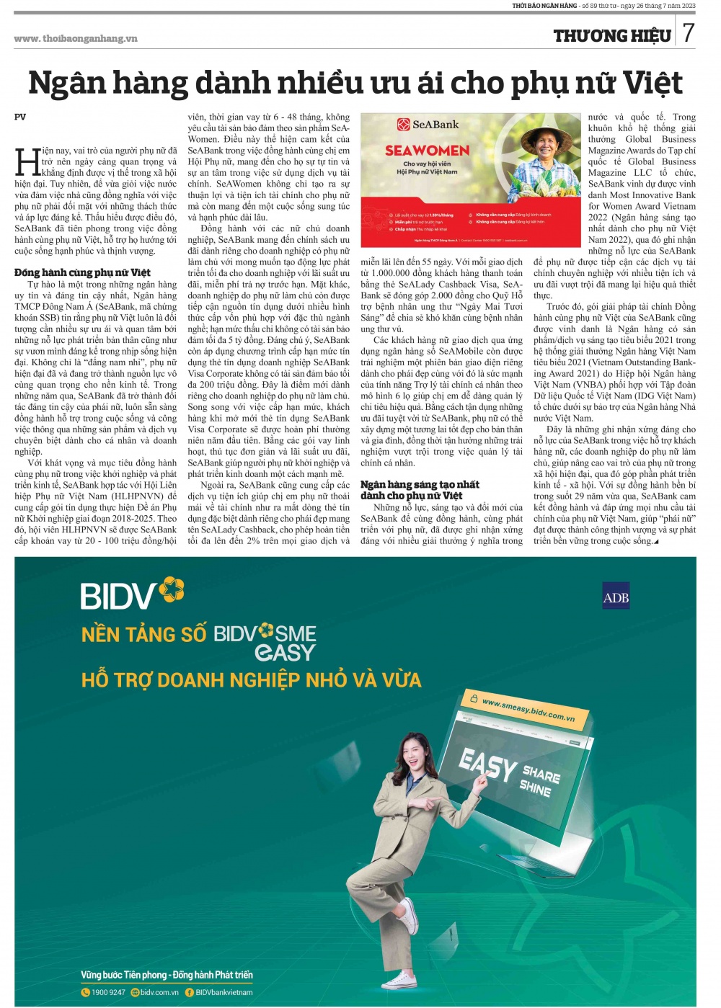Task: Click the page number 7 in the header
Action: coord(689,32)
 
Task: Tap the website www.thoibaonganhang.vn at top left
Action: coord(76,38)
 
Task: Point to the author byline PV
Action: coord(20,117)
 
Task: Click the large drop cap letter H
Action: coord(27,162)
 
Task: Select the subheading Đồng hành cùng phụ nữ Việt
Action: coord(82,272)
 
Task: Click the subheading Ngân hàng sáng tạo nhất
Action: coord(420,484)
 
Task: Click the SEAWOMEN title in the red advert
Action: coord(427,151)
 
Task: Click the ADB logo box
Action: coord(616,597)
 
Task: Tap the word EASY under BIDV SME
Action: coord(286,653)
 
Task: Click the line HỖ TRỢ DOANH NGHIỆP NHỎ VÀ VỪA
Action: coord(251,680)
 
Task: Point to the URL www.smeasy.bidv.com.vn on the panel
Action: coord(528,710)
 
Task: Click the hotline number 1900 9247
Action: coord(108,992)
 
